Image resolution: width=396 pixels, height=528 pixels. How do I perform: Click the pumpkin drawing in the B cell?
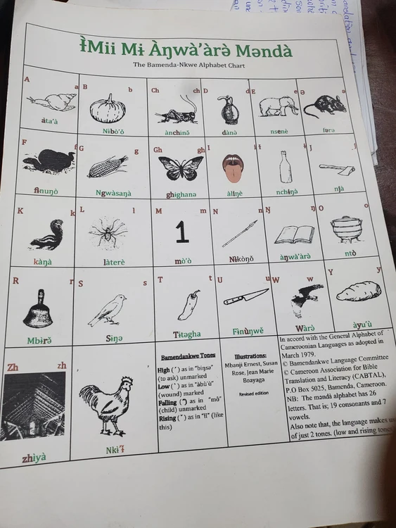pyautogui.click(x=108, y=109)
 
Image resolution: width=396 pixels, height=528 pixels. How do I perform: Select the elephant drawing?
pyautogui.click(x=279, y=106)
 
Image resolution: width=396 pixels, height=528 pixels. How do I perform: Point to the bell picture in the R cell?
pyautogui.click(x=37, y=310)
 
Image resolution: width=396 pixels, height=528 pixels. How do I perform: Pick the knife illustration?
pyautogui.click(x=245, y=296)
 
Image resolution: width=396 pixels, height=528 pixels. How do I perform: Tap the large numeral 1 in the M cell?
pyautogui.click(x=182, y=232)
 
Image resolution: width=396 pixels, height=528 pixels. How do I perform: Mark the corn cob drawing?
pyautogui.click(x=108, y=166)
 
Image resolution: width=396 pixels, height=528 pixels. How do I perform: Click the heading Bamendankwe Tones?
pyautogui.click(x=186, y=357)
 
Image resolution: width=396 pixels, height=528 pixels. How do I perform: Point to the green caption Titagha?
pyautogui.click(x=186, y=334)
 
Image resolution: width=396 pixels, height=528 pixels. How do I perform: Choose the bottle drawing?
pyautogui.click(x=285, y=167)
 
